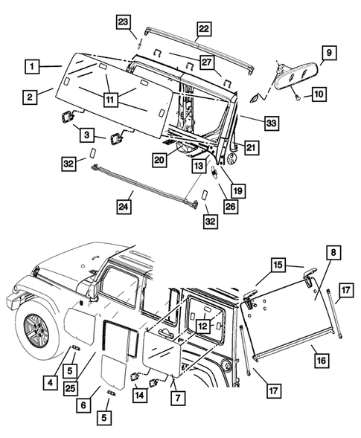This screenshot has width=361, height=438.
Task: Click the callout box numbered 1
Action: [31, 65]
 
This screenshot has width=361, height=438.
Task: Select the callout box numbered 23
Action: [124, 22]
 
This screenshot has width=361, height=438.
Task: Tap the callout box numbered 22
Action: [203, 30]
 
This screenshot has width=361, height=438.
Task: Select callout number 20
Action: [159, 158]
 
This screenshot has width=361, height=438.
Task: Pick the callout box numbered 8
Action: [333, 254]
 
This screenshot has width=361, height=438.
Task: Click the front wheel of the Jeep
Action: [34, 327]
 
